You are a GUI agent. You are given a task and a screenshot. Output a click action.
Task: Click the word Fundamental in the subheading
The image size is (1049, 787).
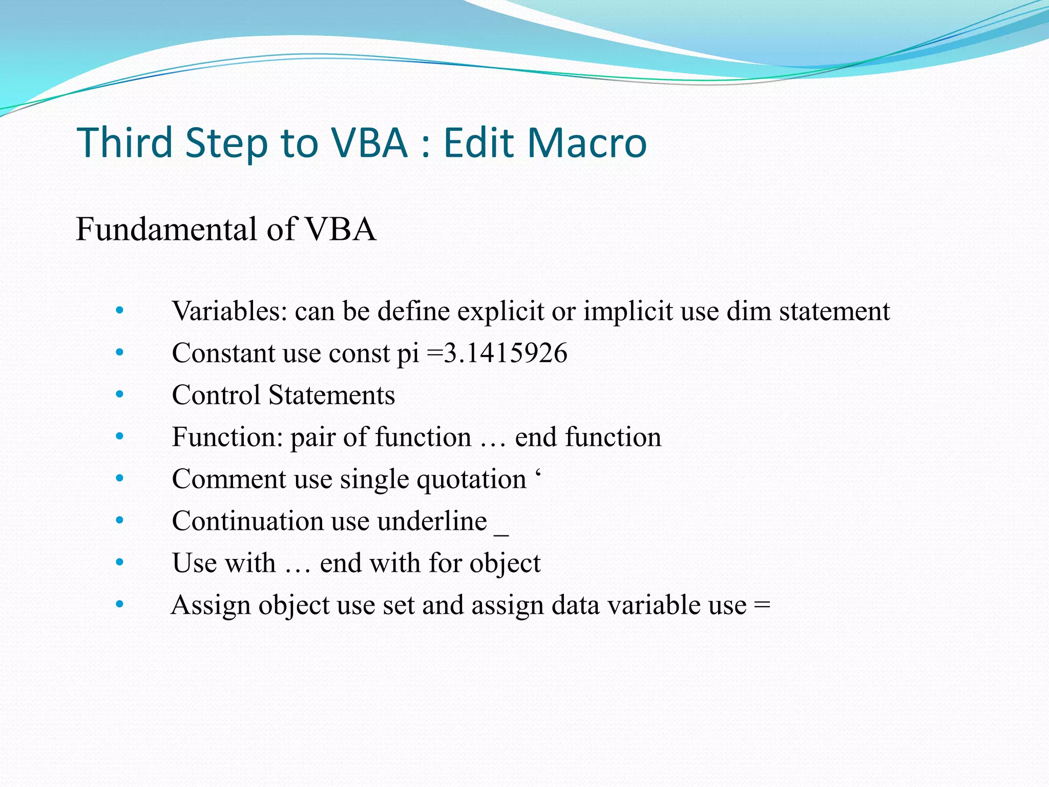(166, 229)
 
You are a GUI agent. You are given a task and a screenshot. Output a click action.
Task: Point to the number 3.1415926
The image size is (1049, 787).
(506, 353)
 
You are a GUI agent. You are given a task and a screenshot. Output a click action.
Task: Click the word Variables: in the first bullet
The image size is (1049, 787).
(229, 311)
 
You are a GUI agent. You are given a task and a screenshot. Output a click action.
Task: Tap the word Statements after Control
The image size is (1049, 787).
(331, 395)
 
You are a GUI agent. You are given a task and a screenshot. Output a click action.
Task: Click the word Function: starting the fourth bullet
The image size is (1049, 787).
(227, 437)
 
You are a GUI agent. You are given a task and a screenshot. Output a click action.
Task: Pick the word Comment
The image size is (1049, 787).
(229, 479)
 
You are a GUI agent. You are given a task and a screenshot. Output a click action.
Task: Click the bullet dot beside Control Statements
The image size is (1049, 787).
(120, 395)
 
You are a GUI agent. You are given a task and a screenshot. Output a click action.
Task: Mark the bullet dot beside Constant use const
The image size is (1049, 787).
(120, 353)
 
